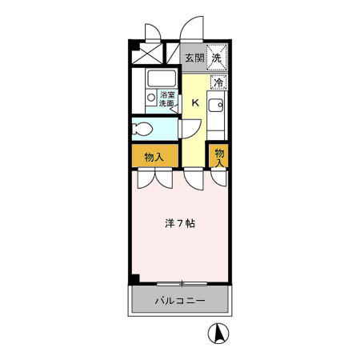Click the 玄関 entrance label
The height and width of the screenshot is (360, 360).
[x=194, y=58]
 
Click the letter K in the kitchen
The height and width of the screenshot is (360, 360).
[x=195, y=102]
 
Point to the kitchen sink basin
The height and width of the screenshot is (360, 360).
[x=215, y=105]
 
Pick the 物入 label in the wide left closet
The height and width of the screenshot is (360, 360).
[x=154, y=157]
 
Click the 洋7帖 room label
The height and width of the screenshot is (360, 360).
[x=181, y=224]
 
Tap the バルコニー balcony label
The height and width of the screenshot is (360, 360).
[x=180, y=302]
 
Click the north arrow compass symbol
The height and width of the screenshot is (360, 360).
[x=216, y=331]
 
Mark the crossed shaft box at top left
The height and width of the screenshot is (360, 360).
[x=146, y=54]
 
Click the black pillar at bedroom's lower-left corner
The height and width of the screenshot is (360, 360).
[x=135, y=279]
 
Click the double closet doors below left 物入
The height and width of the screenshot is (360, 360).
[x=154, y=178]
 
